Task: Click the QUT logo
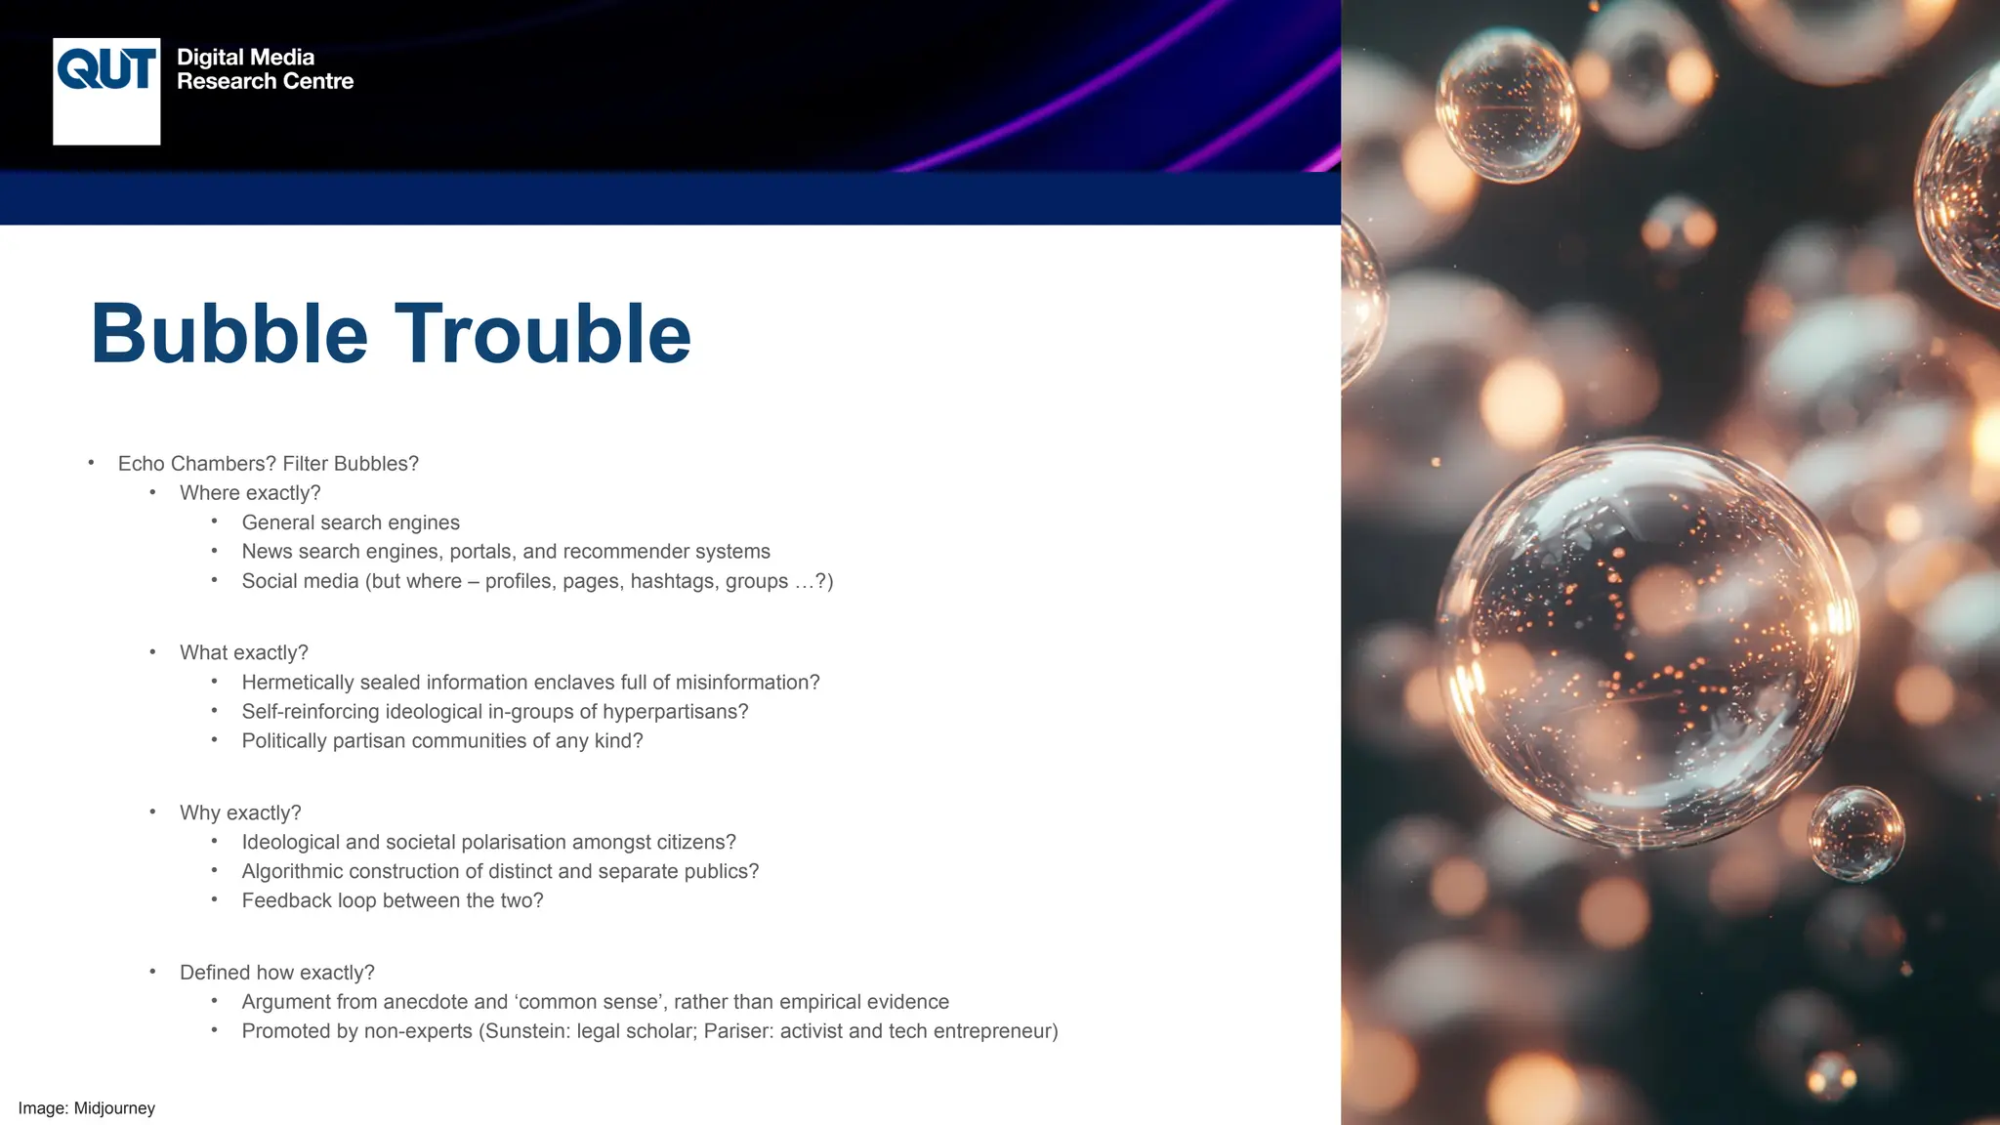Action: click(x=106, y=91)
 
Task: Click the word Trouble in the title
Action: click(x=543, y=334)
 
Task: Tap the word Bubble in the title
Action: click(x=229, y=334)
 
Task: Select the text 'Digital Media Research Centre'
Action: click(x=265, y=69)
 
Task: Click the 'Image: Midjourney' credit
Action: click(x=87, y=1108)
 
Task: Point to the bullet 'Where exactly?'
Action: click(x=250, y=493)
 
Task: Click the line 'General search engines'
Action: click(x=351, y=522)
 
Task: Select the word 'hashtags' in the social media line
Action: click(x=674, y=581)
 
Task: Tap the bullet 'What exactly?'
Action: click(x=244, y=652)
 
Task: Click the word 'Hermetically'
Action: click(x=297, y=683)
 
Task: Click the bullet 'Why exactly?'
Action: click(x=240, y=812)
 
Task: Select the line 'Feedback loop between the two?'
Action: click(x=393, y=900)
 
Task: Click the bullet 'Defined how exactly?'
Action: click(x=277, y=973)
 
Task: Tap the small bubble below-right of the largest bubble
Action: click(x=1854, y=833)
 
